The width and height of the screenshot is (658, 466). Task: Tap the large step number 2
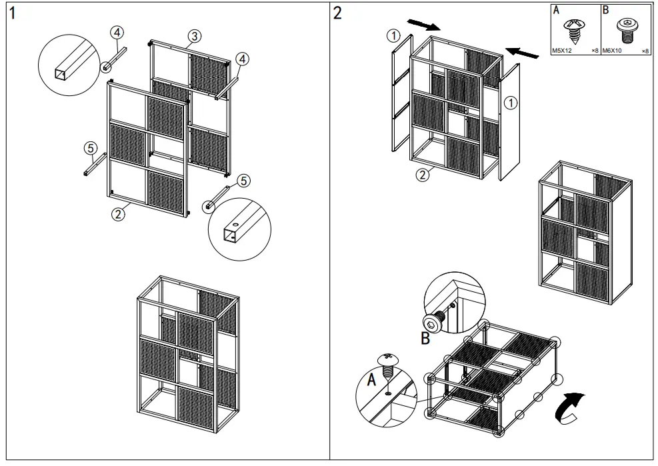click(338, 13)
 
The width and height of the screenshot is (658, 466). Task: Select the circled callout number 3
click(194, 36)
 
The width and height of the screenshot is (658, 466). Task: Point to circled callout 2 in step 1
click(118, 214)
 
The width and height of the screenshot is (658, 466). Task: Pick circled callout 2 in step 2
click(422, 175)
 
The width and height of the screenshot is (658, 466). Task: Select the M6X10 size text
click(613, 51)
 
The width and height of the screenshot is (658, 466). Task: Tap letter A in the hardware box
click(556, 11)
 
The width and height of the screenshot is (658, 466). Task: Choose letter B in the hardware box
click(605, 11)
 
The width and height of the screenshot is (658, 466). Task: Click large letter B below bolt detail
click(425, 339)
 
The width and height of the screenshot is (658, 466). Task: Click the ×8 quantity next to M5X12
click(595, 51)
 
